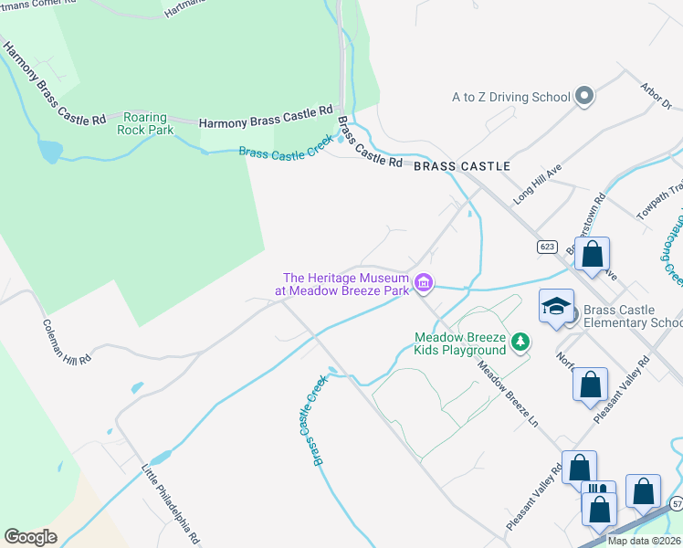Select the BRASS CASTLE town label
click(x=461, y=167)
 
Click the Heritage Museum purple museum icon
click(x=423, y=285)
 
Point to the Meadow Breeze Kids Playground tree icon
click(x=520, y=342)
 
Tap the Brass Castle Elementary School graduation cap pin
click(x=556, y=308)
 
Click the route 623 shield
click(x=547, y=247)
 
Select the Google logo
click(x=30, y=537)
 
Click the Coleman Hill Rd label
click(x=67, y=342)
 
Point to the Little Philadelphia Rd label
click(x=170, y=503)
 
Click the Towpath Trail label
click(x=658, y=201)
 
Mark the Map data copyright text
click(x=644, y=541)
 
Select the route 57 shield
click(x=676, y=503)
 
